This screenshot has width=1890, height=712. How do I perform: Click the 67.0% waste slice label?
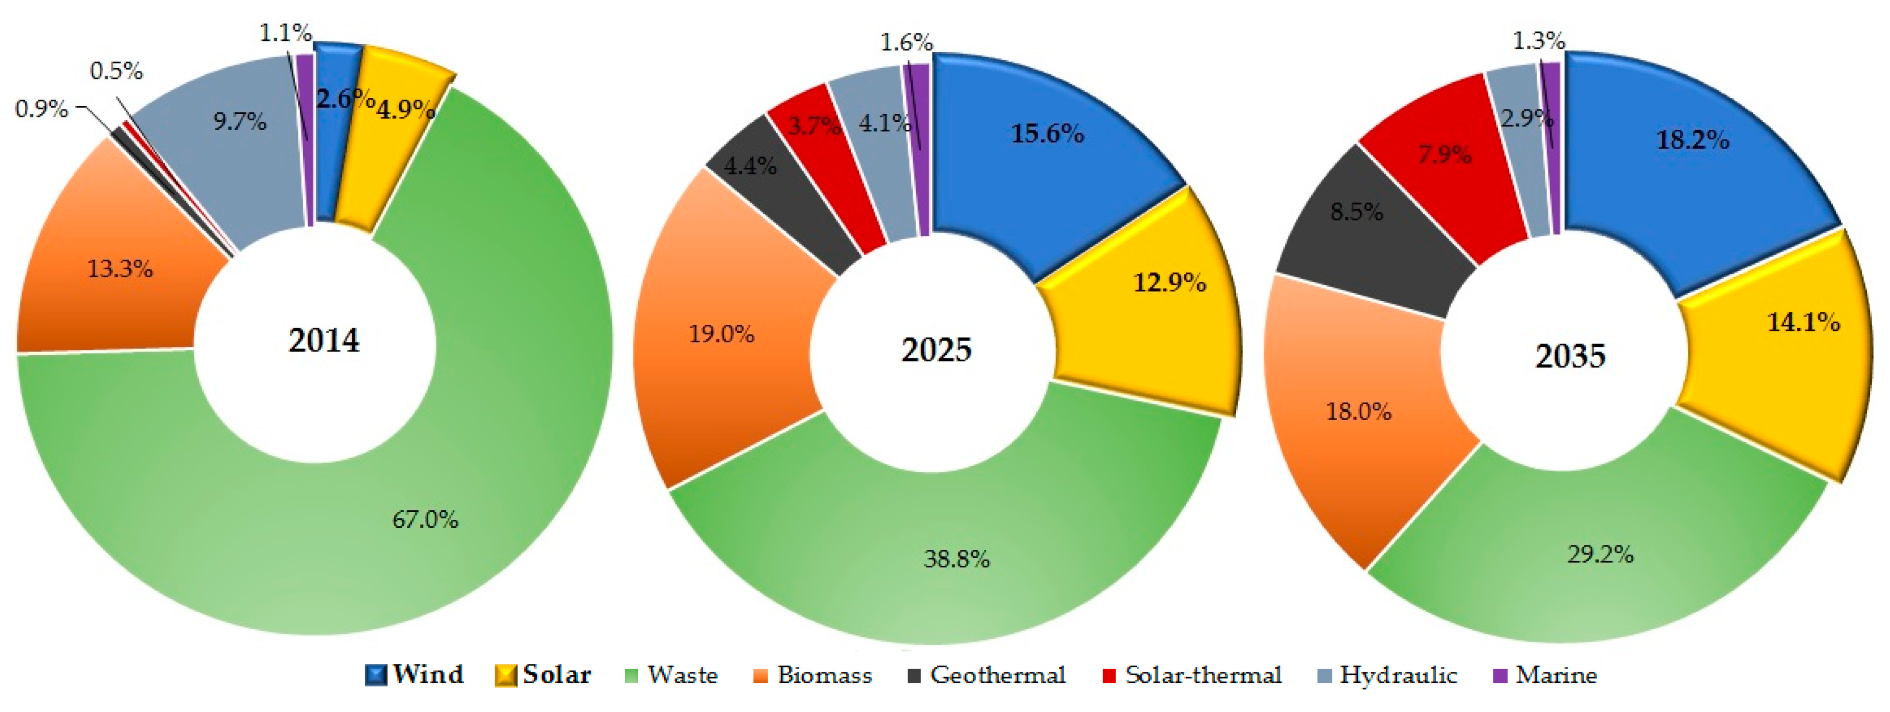coord(425,520)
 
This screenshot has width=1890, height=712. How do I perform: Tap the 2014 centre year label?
coord(323,340)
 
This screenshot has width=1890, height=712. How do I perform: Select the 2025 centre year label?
coord(936,349)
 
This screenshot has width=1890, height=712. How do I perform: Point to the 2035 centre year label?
coord(1570,356)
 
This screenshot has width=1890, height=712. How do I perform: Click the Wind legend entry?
coord(415,675)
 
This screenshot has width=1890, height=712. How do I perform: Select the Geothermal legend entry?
coord(987,675)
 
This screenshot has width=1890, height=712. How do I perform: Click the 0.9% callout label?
coord(41,109)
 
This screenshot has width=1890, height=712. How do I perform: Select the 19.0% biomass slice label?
coord(721,334)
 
